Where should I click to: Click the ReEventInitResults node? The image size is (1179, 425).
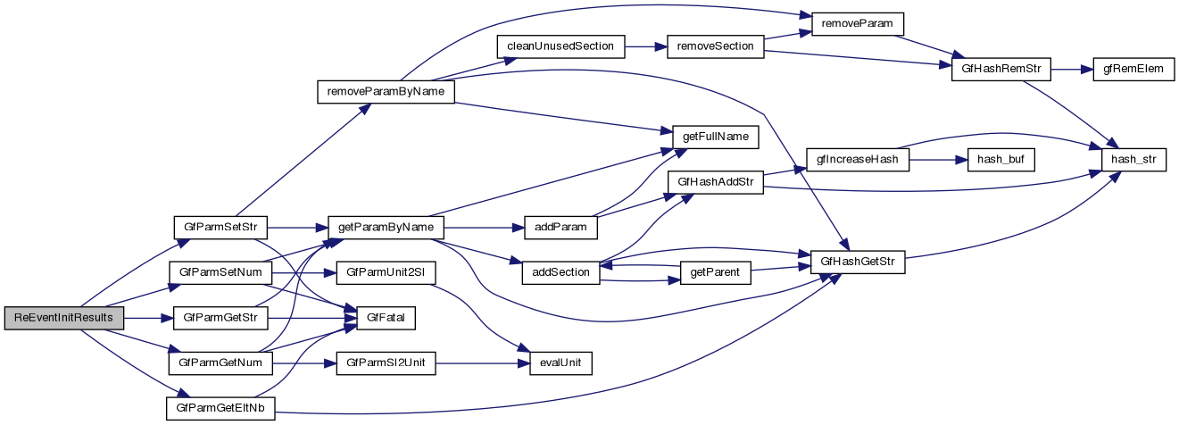(63, 318)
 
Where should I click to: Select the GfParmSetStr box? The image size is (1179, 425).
(214, 227)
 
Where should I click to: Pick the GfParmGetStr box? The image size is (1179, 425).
(214, 318)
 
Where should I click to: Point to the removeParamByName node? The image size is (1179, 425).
(386, 92)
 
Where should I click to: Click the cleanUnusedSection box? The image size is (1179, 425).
(560, 46)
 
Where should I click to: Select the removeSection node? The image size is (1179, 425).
(716, 46)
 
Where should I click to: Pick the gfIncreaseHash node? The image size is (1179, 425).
(857, 160)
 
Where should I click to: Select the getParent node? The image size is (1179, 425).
(716, 272)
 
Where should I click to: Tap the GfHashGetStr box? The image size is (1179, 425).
(857, 262)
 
